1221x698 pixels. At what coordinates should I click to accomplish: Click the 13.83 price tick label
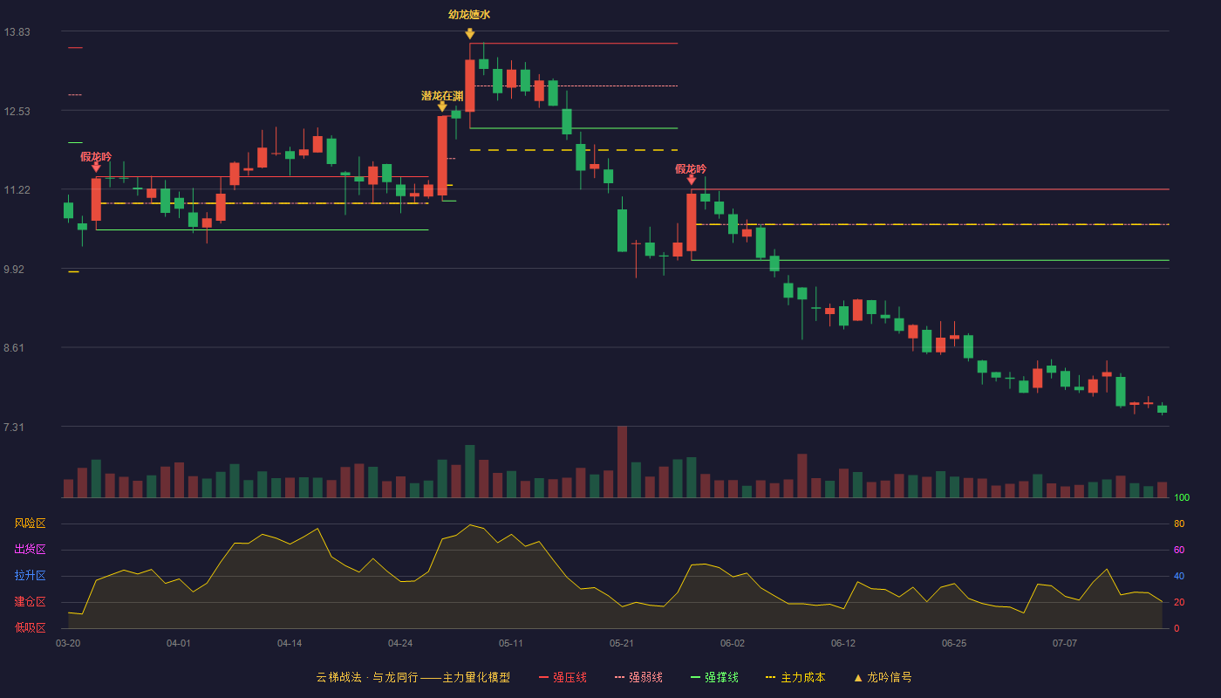tap(17, 32)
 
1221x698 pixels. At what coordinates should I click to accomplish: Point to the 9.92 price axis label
tap(14, 270)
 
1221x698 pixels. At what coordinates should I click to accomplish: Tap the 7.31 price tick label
tap(14, 427)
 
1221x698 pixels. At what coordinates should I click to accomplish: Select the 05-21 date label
tap(621, 644)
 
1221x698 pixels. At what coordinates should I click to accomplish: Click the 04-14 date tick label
tap(290, 644)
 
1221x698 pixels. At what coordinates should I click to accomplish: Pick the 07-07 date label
tap(1065, 644)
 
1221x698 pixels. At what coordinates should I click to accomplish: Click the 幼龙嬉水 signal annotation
tap(469, 15)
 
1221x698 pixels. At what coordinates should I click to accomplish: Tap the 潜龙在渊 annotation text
tap(442, 96)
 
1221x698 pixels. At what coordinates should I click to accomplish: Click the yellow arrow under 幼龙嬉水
tap(470, 34)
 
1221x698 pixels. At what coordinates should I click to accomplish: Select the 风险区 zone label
tap(30, 523)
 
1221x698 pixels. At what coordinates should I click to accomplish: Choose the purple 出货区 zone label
tap(30, 549)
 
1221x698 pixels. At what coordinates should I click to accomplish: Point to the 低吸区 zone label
tap(30, 627)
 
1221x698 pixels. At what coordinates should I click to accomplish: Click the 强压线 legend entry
tap(563, 677)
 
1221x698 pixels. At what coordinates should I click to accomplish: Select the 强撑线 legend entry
tap(714, 677)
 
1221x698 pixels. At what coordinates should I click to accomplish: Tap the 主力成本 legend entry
tap(795, 677)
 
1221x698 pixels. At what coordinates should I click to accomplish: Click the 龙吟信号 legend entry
tap(883, 677)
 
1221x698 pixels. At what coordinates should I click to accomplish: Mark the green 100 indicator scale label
tap(1182, 497)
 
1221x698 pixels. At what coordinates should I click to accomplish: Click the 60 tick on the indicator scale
tap(1179, 550)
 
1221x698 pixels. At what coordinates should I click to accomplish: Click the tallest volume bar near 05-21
tap(622, 462)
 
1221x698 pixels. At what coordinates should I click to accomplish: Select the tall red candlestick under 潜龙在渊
tap(442, 155)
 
